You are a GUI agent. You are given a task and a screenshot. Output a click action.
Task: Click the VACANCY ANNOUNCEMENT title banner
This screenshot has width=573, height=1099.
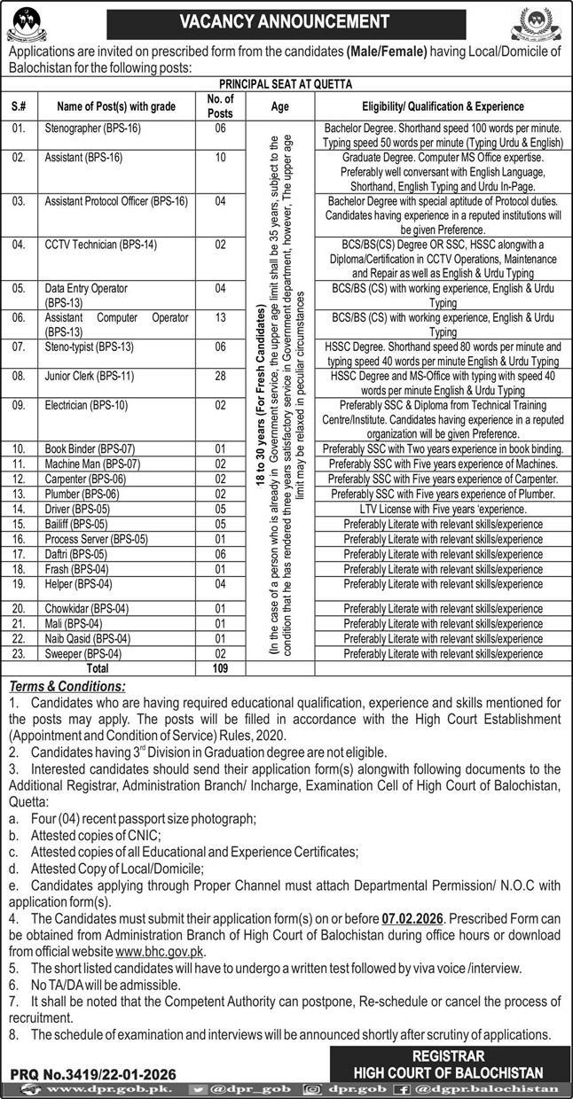click(x=286, y=21)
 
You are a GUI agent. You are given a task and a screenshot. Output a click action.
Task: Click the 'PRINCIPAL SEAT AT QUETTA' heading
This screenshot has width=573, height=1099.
click(x=286, y=84)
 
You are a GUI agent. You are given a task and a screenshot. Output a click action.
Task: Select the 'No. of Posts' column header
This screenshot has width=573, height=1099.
click(x=219, y=106)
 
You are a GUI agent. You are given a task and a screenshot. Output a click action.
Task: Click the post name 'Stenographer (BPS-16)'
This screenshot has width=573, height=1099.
click(x=93, y=129)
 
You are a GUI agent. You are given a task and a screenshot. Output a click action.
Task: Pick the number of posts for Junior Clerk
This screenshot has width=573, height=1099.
click(x=219, y=377)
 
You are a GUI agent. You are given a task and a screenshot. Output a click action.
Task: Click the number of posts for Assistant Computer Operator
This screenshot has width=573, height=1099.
click(x=219, y=317)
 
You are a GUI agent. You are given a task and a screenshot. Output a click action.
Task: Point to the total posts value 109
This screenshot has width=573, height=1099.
click(x=219, y=669)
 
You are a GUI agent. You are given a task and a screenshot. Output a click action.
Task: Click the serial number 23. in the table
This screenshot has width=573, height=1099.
click(x=20, y=653)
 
